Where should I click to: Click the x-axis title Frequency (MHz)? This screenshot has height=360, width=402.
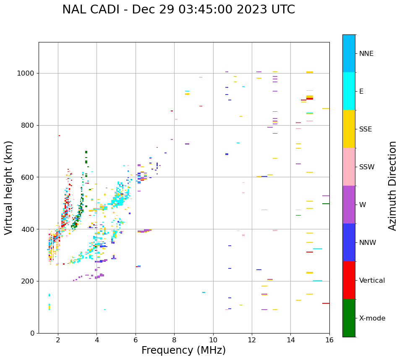click(183, 350)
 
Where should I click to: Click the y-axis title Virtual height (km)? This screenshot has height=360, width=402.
click(9, 187)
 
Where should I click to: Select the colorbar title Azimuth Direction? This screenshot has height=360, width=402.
click(392, 186)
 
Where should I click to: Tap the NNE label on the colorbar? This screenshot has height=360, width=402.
click(366, 54)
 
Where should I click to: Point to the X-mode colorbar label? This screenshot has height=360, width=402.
click(372, 318)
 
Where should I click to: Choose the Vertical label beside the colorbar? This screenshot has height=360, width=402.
click(372, 281)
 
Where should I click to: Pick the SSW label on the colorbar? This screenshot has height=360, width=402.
click(367, 167)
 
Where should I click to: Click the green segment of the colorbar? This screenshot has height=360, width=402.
click(349, 318)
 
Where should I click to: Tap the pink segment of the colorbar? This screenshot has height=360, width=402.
click(349, 167)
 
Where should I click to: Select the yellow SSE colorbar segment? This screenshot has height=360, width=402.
click(349, 129)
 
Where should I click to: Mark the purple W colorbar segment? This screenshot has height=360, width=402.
click(349, 205)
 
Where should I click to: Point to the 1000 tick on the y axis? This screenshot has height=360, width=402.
click(27, 73)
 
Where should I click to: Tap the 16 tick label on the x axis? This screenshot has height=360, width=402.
click(329, 340)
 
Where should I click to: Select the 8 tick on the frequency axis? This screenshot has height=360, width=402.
click(174, 340)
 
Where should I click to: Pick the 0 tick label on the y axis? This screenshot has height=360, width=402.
click(33, 333)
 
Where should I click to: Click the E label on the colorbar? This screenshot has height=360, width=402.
click(361, 92)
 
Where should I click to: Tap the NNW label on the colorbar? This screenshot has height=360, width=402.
click(368, 243)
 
